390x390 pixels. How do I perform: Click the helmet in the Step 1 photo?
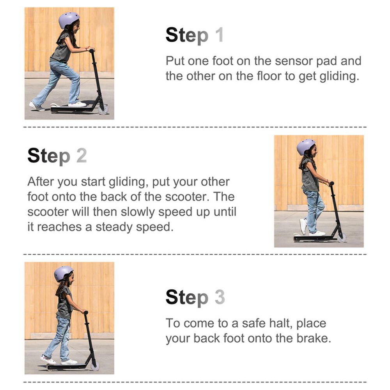(69, 20)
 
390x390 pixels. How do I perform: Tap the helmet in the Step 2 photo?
(306, 147)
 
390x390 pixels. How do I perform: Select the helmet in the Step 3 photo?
(64, 273)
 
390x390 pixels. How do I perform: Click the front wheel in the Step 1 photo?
(103, 110)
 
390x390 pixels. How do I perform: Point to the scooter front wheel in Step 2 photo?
(342, 238)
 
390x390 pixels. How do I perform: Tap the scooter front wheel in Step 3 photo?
(95, 366)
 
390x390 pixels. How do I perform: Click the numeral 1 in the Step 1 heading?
(219, 35)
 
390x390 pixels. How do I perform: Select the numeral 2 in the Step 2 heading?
(82, 156)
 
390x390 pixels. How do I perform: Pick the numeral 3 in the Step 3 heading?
(220, 297)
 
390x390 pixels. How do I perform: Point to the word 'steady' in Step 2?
(114, 228)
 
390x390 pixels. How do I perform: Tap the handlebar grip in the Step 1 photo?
(92, 50)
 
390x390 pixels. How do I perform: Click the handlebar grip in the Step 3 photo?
(85, 312)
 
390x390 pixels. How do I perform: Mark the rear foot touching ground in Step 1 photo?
(37, 106)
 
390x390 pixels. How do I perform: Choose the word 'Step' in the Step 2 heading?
(49, 156)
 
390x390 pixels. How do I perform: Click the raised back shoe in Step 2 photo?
(303, 226)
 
